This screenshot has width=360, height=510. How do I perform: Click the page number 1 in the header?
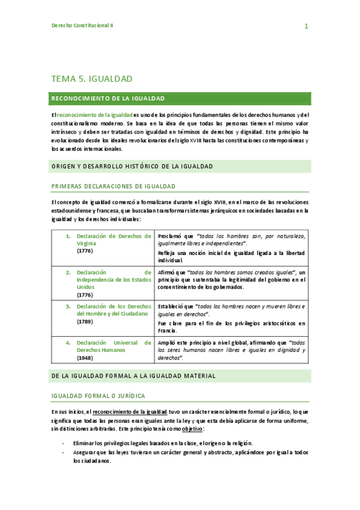pyautogui.click(x=306, y=26)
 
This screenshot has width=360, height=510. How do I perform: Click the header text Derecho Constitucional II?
pyautogui.click(x=82, y=25)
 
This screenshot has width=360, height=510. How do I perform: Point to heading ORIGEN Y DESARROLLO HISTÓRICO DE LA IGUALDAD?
pyautogui.click(x=132, y=166)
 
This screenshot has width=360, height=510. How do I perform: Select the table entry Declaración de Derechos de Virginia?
pyautogui.click(x=114, y=239)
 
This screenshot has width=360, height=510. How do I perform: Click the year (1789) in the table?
pyautogui.click(x=85, y=321)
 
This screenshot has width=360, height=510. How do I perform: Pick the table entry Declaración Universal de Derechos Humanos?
pyautogui.click(x=114, y=346)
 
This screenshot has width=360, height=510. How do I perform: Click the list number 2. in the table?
pyautogui.click(x=69, y=272)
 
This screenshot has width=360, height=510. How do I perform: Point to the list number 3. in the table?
pyautogui.click(x=69, y=306)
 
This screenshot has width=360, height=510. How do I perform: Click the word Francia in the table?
pyautogui.click(x=167, y=330)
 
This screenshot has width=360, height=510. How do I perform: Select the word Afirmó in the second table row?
pyautogui.click(x=168, y=272)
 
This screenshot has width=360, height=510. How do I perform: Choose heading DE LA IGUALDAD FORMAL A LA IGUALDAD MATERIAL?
pyautogui.click(x=133, y=376)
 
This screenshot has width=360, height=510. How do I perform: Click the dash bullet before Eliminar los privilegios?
pyautogui.click(x=63, y=442)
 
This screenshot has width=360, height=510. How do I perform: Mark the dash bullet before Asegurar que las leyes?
pyautogui.click(x=63, y=451)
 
